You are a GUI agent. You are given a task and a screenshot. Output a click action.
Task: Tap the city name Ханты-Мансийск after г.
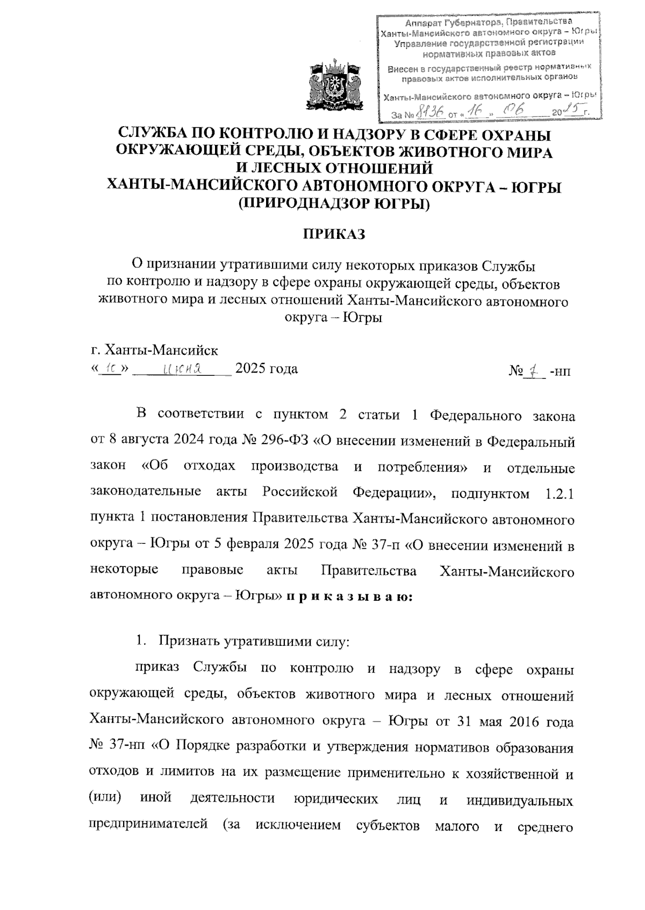(161, 351)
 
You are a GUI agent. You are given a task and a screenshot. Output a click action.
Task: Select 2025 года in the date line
(267, 369)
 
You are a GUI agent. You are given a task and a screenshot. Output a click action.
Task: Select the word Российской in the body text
(300, 492)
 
